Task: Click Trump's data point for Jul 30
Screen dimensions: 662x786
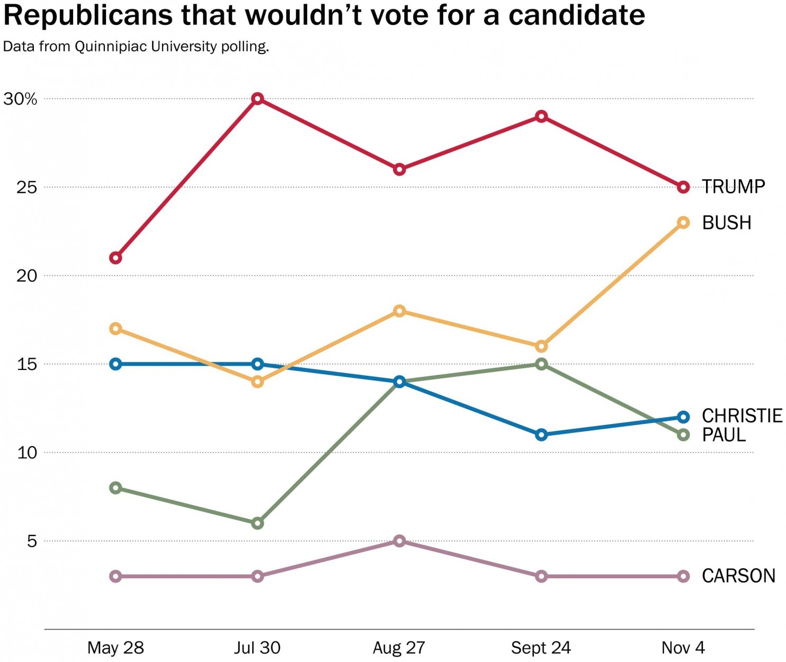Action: (x=257, y=99)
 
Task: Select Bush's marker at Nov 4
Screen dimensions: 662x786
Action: (x=683, y=223)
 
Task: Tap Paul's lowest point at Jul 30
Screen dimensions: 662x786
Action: (x=257, y=523)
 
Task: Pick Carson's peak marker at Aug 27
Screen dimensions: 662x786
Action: (x=400, y=541)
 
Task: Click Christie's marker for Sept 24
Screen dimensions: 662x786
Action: (x=541, y=435)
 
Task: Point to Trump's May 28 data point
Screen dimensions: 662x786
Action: (x=115, y=258)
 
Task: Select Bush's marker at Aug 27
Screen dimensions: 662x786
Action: (x=400, y=311)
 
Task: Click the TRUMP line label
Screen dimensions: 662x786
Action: (x=734, y=187)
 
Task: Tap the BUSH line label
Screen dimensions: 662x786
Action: (x=727, y=223)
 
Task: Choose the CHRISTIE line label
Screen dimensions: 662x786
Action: (x=742, y=416)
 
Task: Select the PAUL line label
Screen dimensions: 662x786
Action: (x=724, y=435)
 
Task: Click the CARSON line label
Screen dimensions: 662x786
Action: (x=738, y=576)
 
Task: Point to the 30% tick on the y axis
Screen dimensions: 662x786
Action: (x=20, y=99)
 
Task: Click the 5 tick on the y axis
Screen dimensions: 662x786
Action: (x=32, y=541)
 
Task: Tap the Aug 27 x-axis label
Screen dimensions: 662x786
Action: (x=399, y=648)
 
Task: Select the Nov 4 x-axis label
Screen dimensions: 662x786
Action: (x=683, y=648)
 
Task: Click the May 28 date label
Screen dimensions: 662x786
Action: (x=115, y=648)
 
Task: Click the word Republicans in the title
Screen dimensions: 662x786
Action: (x=88, y=16)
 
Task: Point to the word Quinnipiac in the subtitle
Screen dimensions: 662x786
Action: (x=111, y=47)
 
